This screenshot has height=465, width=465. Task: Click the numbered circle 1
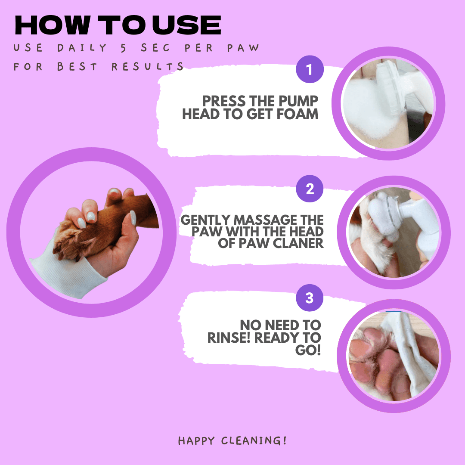coord(310,69)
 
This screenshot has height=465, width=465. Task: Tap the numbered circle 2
coord(310,189)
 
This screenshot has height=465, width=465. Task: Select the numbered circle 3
coord(310,298)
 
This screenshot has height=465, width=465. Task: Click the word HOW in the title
coord(52,25)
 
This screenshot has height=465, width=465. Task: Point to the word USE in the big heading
coord(187,25)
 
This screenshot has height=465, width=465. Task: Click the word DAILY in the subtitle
coord(82,48)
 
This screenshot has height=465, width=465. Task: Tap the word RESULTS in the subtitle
coord(147,66)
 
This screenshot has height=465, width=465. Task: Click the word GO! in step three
coord(308,350)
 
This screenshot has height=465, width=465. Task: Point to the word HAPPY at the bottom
coord(196,441)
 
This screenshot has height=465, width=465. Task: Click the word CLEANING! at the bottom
coord(254,440)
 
